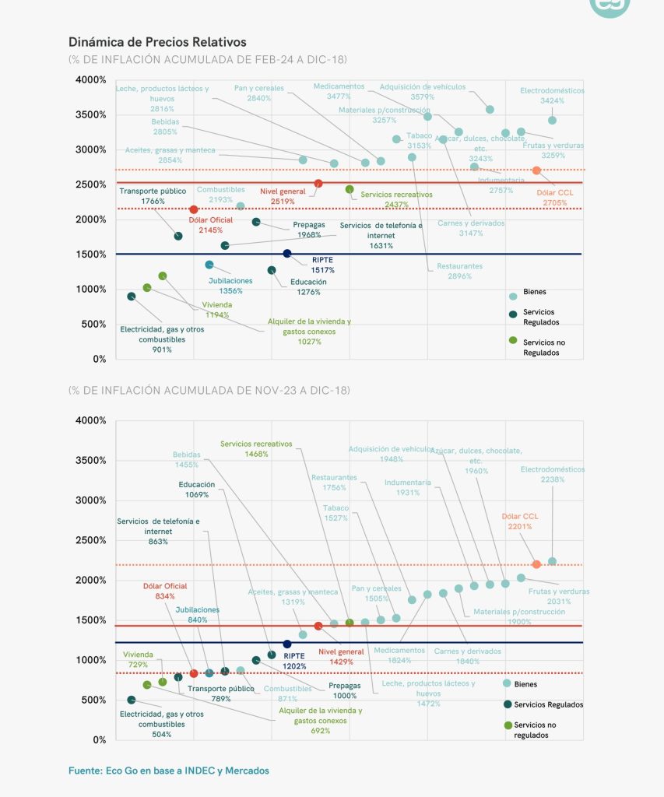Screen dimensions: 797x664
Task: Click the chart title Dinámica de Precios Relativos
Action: [x=157, y=41]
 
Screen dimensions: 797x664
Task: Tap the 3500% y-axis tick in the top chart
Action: [x=92, y=114]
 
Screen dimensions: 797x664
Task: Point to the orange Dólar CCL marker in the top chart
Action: [x=536, y=170]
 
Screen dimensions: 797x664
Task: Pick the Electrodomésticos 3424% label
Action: [x=552, y=96]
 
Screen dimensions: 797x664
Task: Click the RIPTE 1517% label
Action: [x=323, y=265]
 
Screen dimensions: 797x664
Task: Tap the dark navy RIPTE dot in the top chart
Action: [x=287, y=254]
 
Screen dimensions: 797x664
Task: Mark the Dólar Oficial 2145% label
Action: [x=210, y=225]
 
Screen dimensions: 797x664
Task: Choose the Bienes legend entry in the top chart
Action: [x=534, y=292]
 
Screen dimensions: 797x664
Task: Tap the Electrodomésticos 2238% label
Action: [x=552, y=475]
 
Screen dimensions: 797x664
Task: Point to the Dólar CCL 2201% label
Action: [x=520, y=521]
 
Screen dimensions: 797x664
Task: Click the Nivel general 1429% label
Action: [x=340, y=656]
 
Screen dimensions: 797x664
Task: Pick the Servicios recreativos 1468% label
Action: [x=256, y=448]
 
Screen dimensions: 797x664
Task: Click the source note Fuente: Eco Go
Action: [x=169, y=771]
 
